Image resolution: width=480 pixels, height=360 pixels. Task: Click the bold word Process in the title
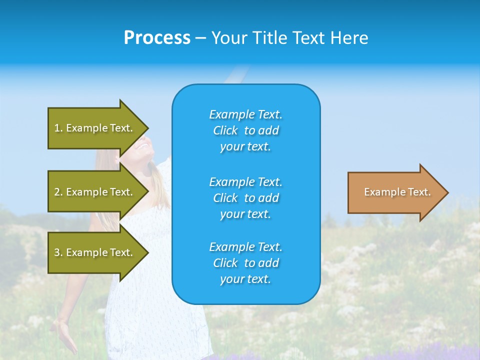point(157,37)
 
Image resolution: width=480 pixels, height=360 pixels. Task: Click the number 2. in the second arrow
point(58,192)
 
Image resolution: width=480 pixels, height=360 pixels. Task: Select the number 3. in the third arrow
point(58,252)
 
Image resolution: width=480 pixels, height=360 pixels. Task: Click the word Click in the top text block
point(225,130)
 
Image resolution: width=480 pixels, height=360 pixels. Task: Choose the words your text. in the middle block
point(245,214)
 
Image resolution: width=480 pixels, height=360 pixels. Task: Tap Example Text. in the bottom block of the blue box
point(245,247)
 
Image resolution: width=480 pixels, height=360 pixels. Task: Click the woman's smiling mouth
point(143,145)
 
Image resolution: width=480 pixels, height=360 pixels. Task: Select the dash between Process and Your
point(201,38)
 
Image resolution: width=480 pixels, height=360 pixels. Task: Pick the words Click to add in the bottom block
point(245,263)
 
